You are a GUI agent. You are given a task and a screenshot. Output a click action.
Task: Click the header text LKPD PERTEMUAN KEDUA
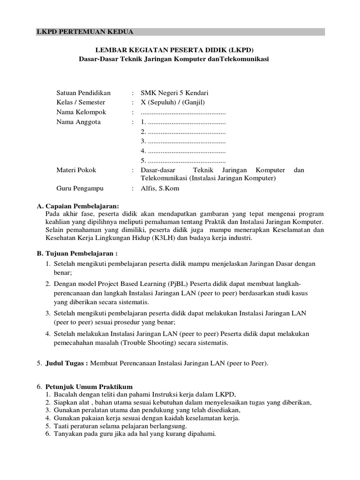coord(85,32)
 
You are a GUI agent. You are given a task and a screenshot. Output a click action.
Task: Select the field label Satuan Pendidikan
coord(83,93)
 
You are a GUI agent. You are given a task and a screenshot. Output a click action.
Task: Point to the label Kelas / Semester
coord(81,103)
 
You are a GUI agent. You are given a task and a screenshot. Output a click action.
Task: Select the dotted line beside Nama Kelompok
coord(183,112)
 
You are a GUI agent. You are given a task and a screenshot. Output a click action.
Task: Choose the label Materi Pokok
coord(76,170)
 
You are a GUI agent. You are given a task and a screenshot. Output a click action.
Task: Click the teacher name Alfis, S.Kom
coord(160,188)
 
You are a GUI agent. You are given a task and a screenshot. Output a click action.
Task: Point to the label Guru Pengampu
coord(80,188)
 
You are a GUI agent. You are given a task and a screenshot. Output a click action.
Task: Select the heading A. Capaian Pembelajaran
coord(78,206)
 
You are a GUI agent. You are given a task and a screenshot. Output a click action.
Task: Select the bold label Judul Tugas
coord(66,363)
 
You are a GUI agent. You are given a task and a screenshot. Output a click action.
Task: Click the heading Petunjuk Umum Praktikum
coord(89,387)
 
